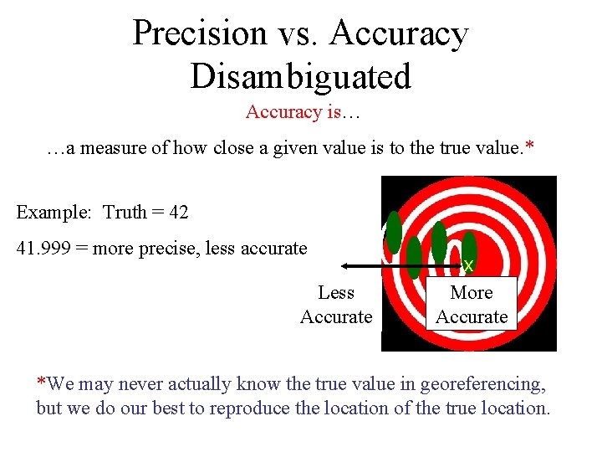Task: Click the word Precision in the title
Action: pyautogui.click(x=199, y=33)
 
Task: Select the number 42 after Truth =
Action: pyautogui.click(x=178, y=212)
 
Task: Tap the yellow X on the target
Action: pyautogui.click(x=468, y=266)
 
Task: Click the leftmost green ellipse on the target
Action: pyautogui.click(x=394, y=232)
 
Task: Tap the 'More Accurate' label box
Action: pyautogui.click(x=472, y=304)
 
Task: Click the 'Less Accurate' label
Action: pyautogui.click(x=336, y=304)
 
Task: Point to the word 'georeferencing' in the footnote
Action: pyautogui.click(x=482, y=384)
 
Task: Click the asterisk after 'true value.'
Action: pyautogui.click(x=528, y=146)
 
